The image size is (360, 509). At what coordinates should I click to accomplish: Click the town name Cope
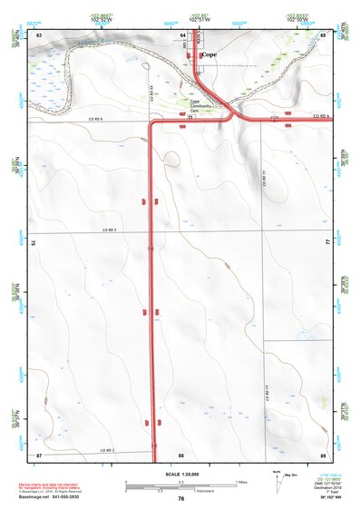(x=209, y=54)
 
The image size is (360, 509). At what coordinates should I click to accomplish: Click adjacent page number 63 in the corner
(x=38, y=34)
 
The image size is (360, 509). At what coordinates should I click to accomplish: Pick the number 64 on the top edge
(x=182, y=34)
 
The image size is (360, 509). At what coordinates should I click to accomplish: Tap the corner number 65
(x=323, y=34)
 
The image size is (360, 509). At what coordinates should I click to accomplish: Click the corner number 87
(x=39, y=454)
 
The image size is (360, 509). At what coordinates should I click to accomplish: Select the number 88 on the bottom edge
(x=181, y=454)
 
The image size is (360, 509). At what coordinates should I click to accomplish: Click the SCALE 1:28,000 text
(x=180, y=474)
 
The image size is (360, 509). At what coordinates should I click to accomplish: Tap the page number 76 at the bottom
(x=181, y=499)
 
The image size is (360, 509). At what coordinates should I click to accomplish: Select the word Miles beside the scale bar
(x=241, y=481)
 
